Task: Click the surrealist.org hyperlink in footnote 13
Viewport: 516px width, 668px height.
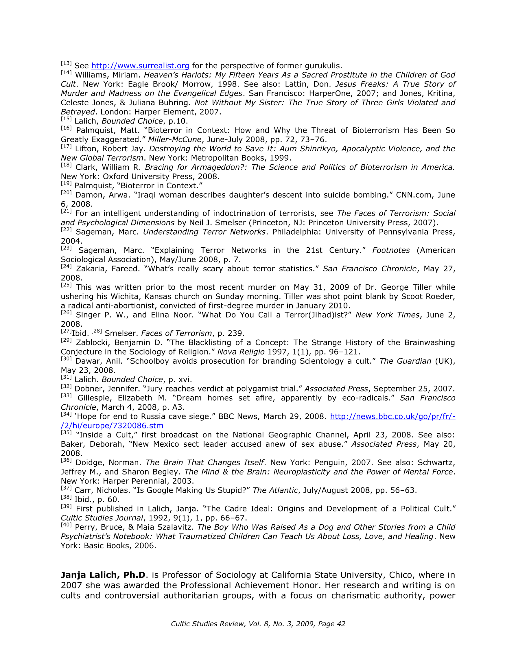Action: click(x=140, y=66)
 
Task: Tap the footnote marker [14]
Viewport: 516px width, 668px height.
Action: click(x=66, y=73)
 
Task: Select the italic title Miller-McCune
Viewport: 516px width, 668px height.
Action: click(x=175, y=140)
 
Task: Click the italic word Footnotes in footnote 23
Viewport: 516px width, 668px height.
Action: click(x=390, y=251)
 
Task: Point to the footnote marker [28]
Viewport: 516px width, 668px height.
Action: click(x=97, y=331)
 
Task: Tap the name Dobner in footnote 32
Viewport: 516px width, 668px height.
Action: click(x=87, y=389)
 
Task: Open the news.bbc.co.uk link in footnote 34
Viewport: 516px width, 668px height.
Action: click(x=392, y=417)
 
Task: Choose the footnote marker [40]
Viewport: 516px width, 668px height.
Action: click(x=66, y=525)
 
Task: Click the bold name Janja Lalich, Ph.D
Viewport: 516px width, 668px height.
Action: click(x=103, y=575)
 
